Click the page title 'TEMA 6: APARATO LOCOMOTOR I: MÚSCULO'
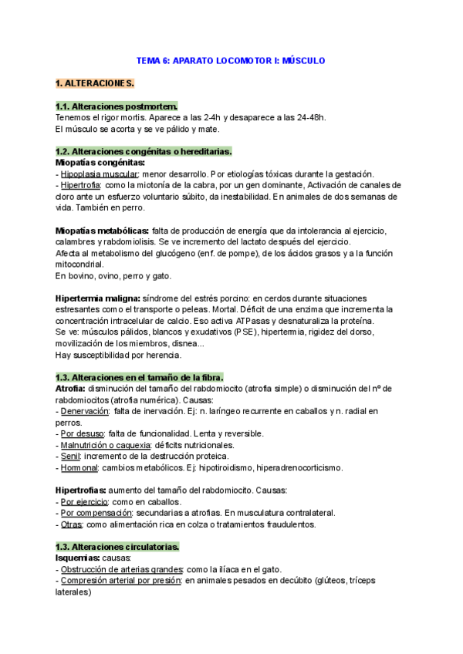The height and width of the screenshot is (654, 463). pos(231,60)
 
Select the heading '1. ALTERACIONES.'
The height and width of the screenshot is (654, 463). pos(95,83)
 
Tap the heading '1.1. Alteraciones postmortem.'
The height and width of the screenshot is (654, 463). pos(117,106)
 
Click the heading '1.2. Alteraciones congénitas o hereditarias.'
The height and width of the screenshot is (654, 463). pos(144,151)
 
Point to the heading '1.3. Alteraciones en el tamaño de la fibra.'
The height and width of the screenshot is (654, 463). pos(140,377)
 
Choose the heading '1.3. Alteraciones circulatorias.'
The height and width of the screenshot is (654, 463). pos(117,547)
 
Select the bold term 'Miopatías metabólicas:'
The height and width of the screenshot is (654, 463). pos(103,231)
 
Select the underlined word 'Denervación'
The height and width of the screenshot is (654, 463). pos(85,411)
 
